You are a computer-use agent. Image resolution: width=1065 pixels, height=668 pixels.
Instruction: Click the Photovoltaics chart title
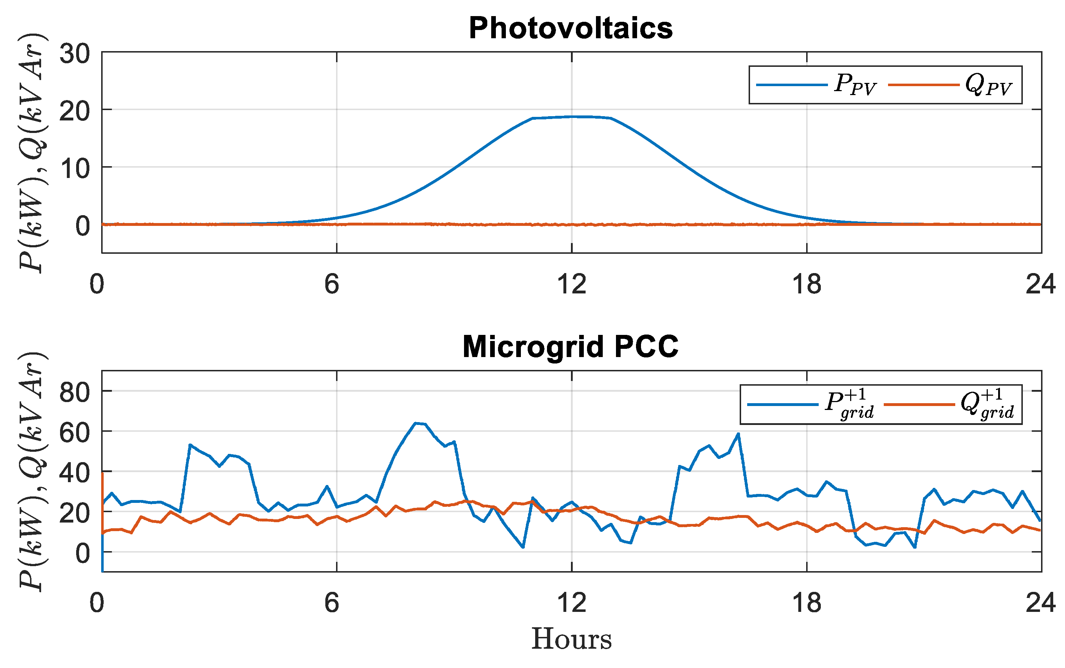point(571,28)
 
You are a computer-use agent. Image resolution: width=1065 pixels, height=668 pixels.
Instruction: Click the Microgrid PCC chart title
point(571,347)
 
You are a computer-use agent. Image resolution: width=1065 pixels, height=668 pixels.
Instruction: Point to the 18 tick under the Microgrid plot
point(807,603)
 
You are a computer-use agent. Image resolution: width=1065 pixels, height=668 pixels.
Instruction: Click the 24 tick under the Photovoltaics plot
point(1040,284)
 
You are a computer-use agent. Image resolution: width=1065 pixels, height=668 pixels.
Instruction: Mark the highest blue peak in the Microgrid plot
point(415,423)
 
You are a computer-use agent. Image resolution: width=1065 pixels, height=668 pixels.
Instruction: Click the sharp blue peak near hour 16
point(738,434)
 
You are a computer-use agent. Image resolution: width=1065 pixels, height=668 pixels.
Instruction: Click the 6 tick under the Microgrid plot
point(331,603)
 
